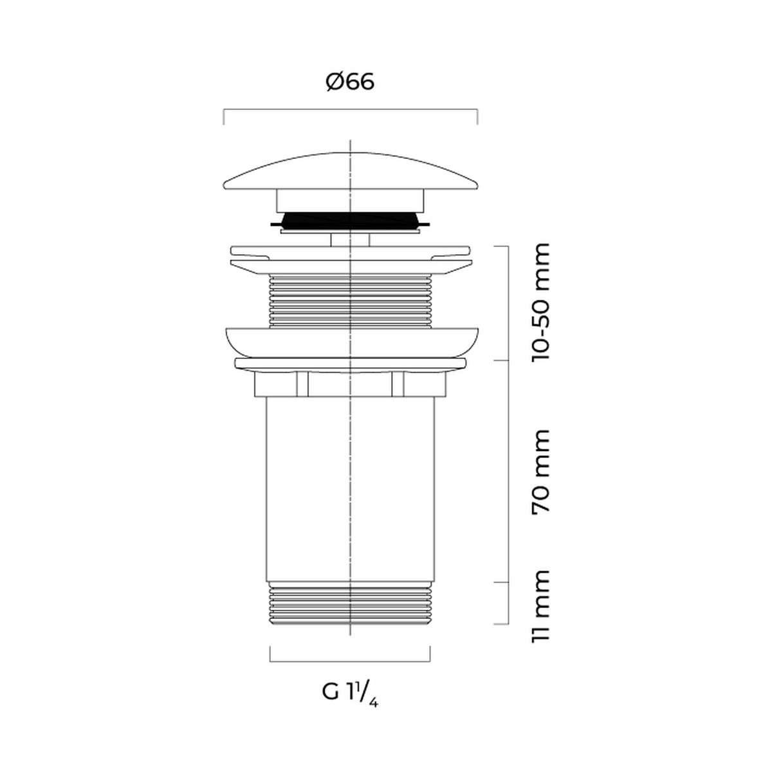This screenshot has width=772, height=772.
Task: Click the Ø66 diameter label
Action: pyautogui.click(x=350, y=82)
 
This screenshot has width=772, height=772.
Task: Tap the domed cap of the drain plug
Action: pyautogui.click(x=351, y=172)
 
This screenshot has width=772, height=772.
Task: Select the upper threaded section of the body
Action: pyautogui.click(x=351, y=301)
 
